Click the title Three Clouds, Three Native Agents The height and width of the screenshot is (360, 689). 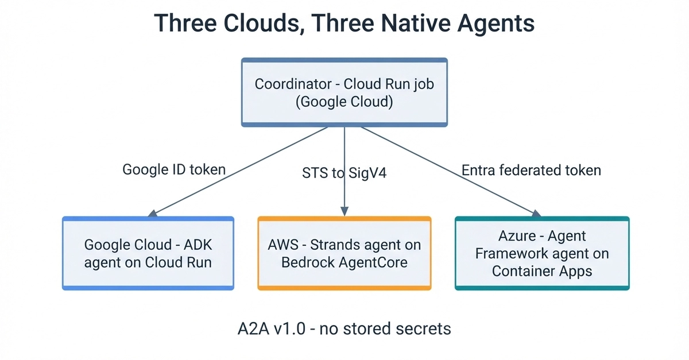coord(344,23)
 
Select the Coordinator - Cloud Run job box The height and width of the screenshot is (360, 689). coord(344,92)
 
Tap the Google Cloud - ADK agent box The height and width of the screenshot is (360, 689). coord(148,253)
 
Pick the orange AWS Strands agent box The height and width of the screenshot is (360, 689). coord(344,253)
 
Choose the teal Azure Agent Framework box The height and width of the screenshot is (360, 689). coord(542,253)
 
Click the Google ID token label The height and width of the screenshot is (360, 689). coord(174,169)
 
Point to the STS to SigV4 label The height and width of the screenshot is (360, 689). coord(344,173)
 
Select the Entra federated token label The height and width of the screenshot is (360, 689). coord(531,170)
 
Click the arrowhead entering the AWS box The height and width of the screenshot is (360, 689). coord(344,211)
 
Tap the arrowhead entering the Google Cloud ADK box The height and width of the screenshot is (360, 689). coord(153,213)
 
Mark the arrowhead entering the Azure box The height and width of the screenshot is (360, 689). coord(536,213)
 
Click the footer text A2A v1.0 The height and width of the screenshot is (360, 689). coord(272,328)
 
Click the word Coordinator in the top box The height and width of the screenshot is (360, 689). coord(293,84)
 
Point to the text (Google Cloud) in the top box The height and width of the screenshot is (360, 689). coord(344,102)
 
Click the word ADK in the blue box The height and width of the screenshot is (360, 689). coord(198,245)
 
